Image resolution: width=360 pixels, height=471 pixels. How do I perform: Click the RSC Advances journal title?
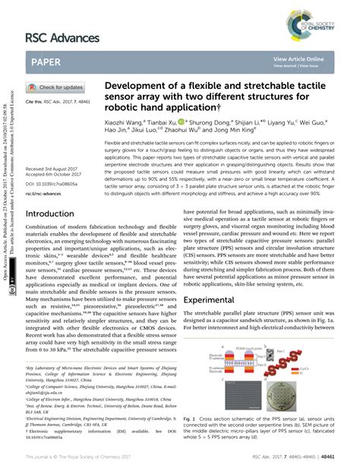[62, 38]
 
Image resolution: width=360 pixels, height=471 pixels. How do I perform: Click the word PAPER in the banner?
[50, 62]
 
